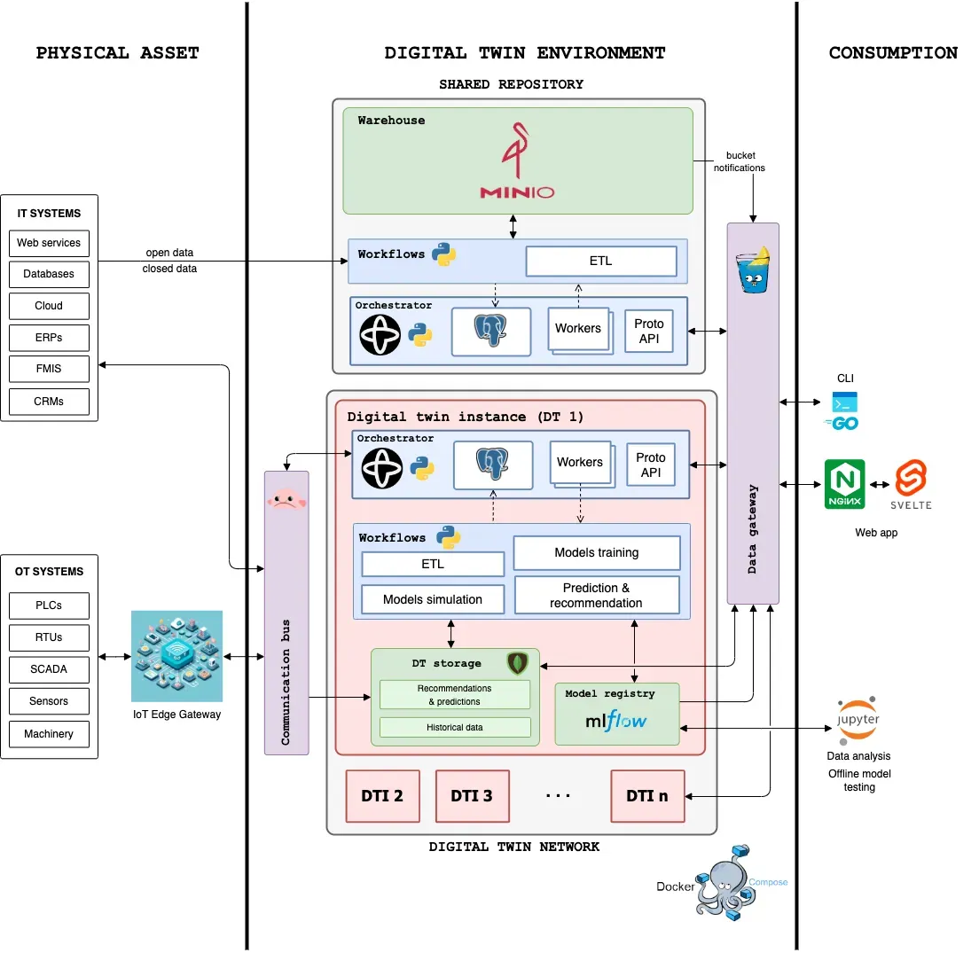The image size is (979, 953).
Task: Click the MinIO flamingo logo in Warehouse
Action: pos(517,162)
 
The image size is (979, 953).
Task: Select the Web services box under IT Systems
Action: pos(49,243)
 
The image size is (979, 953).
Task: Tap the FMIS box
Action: pos(49,369)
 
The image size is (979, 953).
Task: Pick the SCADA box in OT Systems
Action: pos(49,669)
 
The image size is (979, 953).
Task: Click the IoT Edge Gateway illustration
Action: pos(176,656)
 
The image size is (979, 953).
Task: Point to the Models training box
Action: pos(596,552)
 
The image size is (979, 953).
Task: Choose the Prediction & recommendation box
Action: pos(596,595)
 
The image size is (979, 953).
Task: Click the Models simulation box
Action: pos(433,599)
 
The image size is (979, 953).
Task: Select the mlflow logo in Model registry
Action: pos(616,721)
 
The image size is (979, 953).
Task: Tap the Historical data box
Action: pos(455,728)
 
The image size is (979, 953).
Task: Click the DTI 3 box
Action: pos(471,795)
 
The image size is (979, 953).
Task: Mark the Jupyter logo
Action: pos(858,718)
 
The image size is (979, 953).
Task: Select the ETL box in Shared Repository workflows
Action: pos(600,261)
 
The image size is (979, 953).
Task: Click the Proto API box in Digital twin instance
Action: pos(650,465)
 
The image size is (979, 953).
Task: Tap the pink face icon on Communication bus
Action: pos(286,499)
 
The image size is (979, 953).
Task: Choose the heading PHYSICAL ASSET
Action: pos(117,53)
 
